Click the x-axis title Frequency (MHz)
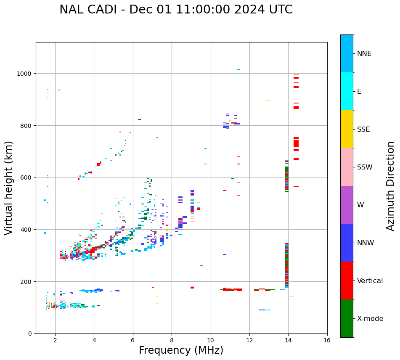tap(181, 350)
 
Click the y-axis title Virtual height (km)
tap(9, 188)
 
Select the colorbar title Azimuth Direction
tap(391, 186)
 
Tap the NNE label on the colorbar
tap(364, 54)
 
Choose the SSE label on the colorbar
tap(363, 130)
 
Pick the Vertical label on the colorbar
tap(370, 281)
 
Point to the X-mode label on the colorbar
tap(370, 319)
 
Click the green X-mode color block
tap(347, 318)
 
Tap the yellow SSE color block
tap(347, 129)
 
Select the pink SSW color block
tap(347, 167)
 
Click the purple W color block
tap(347, 205)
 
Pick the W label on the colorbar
tap(360, 205)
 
